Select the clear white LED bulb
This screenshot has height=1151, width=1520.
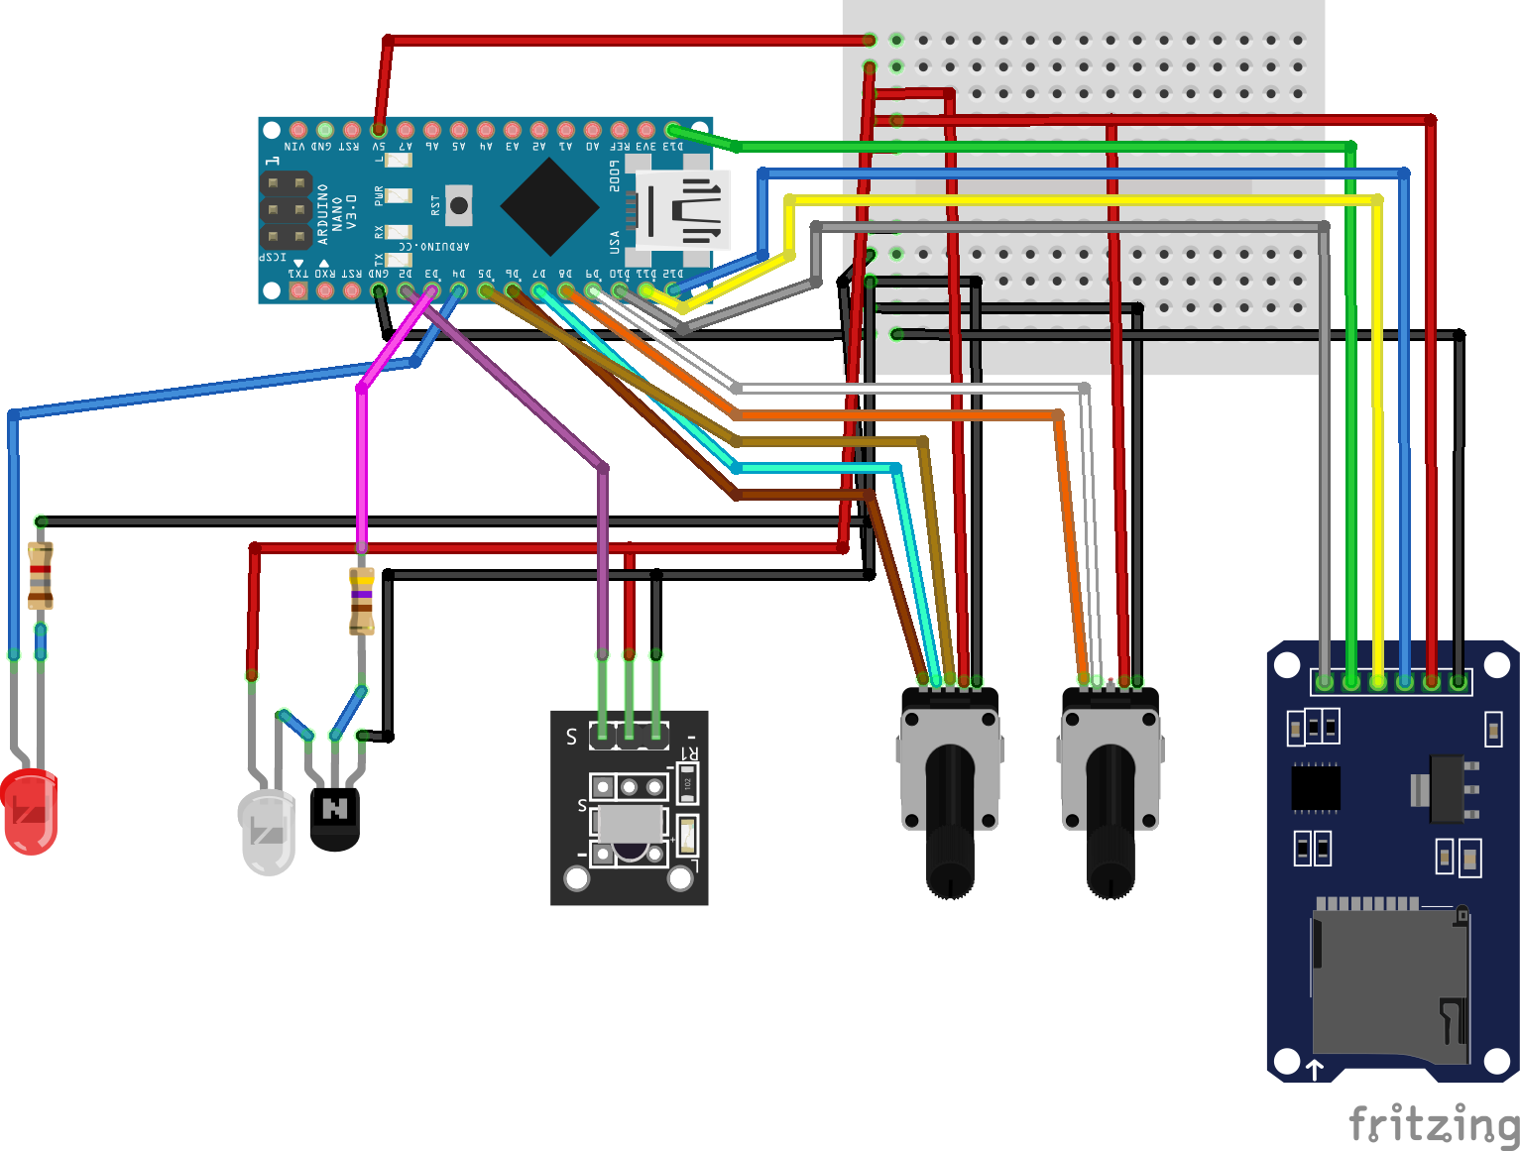(267, 832)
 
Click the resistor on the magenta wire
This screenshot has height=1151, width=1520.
(362, 601)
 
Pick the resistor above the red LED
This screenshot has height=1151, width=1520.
(40, 575)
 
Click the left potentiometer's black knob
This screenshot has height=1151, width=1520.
(950, 823)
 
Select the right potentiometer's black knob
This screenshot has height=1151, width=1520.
(1111, 823)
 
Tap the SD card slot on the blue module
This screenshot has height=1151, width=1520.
(1388, 981)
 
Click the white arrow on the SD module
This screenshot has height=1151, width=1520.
(1315, 1069)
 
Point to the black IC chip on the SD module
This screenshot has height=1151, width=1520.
(1316, 788)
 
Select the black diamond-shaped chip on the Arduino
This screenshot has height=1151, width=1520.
(549, 207)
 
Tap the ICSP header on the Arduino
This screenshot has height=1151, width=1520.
(286, 210)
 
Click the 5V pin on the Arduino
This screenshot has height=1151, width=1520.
(379, 130)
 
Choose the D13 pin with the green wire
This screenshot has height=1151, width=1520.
(672, 130)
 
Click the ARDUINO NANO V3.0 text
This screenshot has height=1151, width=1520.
(337, 212)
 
